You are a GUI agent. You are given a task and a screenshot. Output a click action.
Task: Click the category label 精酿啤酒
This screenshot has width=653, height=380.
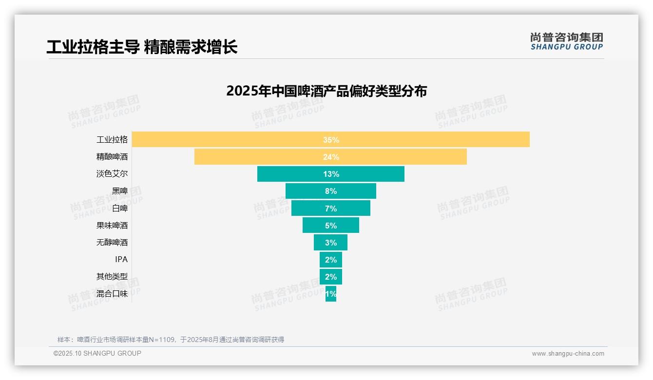click(112, 157)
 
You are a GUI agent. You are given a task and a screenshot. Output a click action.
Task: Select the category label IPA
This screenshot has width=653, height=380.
click(121, 260)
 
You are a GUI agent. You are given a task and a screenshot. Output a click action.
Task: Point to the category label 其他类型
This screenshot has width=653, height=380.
click(112, 277)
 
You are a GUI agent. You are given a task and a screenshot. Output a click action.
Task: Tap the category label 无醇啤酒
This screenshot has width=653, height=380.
click(112, 243)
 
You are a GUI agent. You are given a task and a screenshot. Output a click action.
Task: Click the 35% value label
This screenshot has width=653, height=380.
click(331, 140)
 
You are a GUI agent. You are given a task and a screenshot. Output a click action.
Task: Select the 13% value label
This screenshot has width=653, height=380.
click(331, 174)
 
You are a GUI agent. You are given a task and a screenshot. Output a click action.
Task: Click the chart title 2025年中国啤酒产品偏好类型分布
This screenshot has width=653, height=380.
click(326, 91)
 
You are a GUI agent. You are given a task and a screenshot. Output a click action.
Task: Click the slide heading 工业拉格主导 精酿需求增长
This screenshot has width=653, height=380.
click(142, 47)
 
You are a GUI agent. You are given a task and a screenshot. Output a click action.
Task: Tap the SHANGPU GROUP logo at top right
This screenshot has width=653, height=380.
click(566, 41)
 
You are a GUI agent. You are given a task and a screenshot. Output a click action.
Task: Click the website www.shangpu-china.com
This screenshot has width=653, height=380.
click(568, 354)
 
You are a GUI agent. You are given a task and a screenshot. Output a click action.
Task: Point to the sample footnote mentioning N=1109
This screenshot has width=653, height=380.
click(171, 340)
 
